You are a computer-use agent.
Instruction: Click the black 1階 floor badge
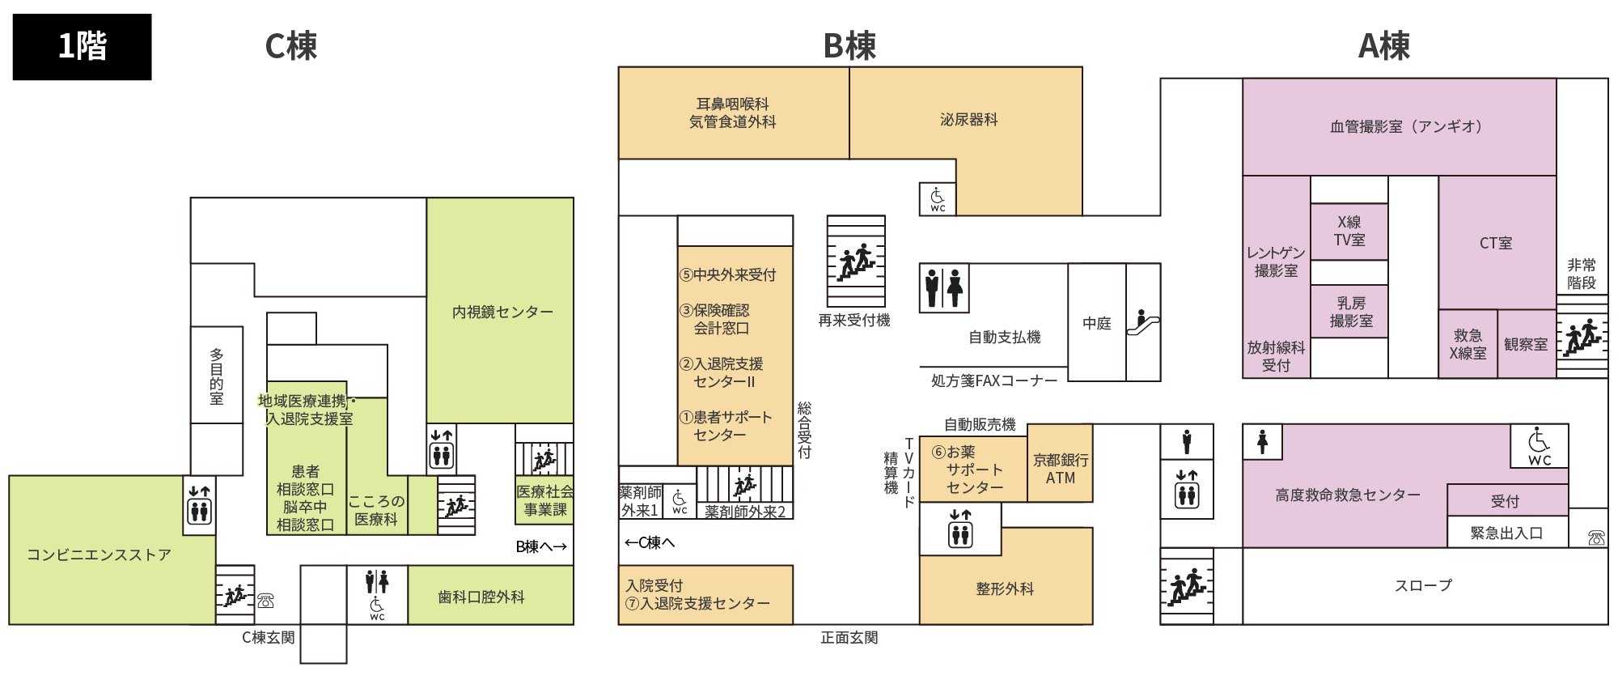click(x=82, y=46)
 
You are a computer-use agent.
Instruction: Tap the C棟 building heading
click(x=291, y=46)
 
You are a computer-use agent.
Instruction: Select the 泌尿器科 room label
click(x=968, y=120)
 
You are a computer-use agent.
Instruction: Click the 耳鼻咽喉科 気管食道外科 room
click(x=734, y=113)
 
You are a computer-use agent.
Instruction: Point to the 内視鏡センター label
click(x=502, y=312)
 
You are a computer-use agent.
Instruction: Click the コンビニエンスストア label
click(x=99, y=555)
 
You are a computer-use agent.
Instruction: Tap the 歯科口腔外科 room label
click(x=481, y=597)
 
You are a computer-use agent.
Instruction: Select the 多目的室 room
click(x=217, y=375)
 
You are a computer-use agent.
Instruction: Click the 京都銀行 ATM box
click(x=1060, y=463)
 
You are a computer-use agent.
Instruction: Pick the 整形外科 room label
click(x=1005, y=589)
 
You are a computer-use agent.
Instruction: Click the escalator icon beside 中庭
click(x=1142, y=321)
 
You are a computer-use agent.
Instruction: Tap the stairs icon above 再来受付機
click(x=856, y=261)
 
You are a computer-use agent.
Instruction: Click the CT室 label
click(x=1496, y=243)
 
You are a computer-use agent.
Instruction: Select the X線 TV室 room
click(x=1349, y=232)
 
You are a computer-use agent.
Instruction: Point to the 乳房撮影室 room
click(x=1349, y=312)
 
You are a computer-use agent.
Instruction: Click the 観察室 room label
click(x=1526, y=344)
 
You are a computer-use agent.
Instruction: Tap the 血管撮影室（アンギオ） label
click(x=1406, y=126)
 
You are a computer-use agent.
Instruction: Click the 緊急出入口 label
click(x=1506, y=533)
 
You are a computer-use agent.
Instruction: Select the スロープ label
click(x=1423, y=585)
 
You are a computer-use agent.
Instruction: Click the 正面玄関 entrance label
click(x=849, y=638)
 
